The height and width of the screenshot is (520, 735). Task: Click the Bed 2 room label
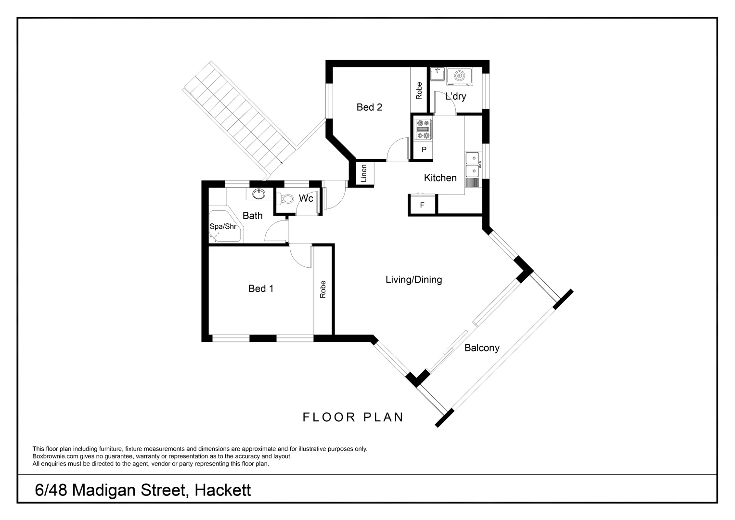[x=369, y=107]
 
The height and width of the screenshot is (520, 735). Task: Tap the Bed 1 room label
[x=261, y=288]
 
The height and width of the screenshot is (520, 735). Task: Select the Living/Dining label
[x=413, y=279]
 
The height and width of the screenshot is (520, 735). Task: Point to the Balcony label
[x=481, y=348]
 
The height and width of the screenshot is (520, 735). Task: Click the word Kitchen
[x=440, y=178]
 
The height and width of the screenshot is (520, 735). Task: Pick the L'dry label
[x=455, y=96]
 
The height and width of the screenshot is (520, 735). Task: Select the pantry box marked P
[x=424, y=150]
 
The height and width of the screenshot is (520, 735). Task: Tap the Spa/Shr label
[x=223, y=226]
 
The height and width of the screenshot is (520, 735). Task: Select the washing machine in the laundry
[x=459, y=76]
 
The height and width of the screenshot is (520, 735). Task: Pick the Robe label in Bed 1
[x=323, y=289]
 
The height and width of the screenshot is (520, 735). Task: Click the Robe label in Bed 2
[x=419, y=90]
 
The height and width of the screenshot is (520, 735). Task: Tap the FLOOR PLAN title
[x=353, y=417]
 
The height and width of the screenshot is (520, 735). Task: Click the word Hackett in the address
[x=223, y=490]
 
